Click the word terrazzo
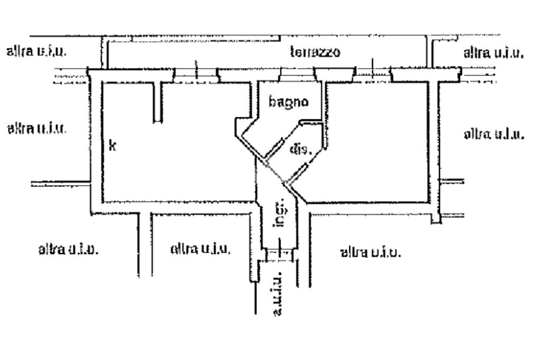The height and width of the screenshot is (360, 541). click(315, 52)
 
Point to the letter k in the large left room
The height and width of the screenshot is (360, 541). click(112, 145)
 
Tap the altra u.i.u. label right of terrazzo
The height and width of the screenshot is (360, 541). click(493, 52)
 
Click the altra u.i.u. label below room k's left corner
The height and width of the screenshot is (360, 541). click(68, 249)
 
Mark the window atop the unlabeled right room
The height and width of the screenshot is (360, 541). click(372, 75)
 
